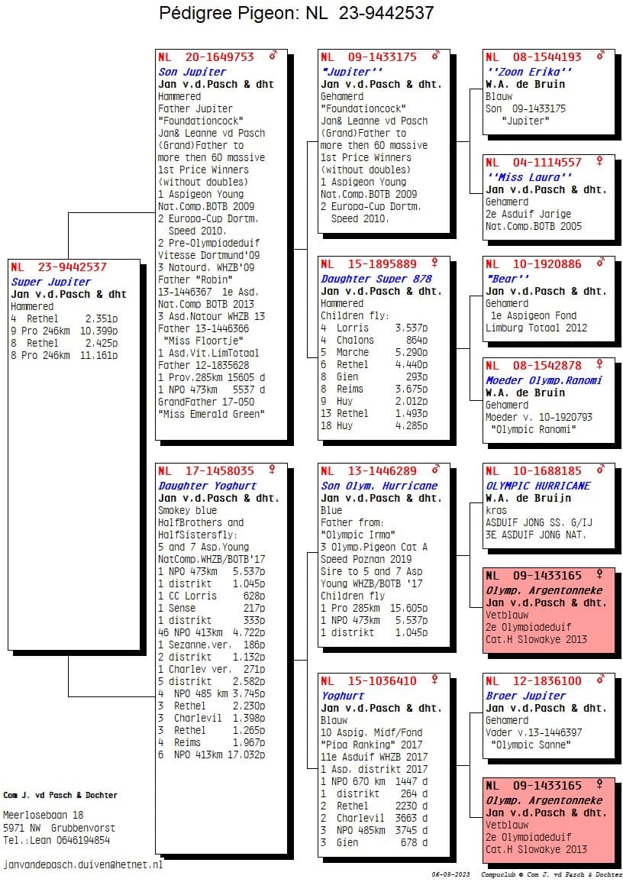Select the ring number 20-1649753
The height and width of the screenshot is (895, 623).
coord(219,57)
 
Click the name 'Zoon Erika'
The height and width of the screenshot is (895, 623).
coord(529,72)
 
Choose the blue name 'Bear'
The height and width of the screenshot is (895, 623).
coord(507,279)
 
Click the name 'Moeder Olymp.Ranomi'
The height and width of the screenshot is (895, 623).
coord(544,380)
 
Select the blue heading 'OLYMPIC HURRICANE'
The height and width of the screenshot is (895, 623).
coord(538,486)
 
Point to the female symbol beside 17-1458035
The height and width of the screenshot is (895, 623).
coord(273,470)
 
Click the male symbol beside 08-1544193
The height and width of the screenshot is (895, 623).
coord(600,56)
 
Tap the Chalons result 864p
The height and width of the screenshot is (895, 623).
coord(416,340)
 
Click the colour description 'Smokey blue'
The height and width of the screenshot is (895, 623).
coord(187,510)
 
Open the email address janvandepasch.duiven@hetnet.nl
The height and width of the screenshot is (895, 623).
coord(83,864)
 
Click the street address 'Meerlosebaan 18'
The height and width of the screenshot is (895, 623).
coord(44,815)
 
